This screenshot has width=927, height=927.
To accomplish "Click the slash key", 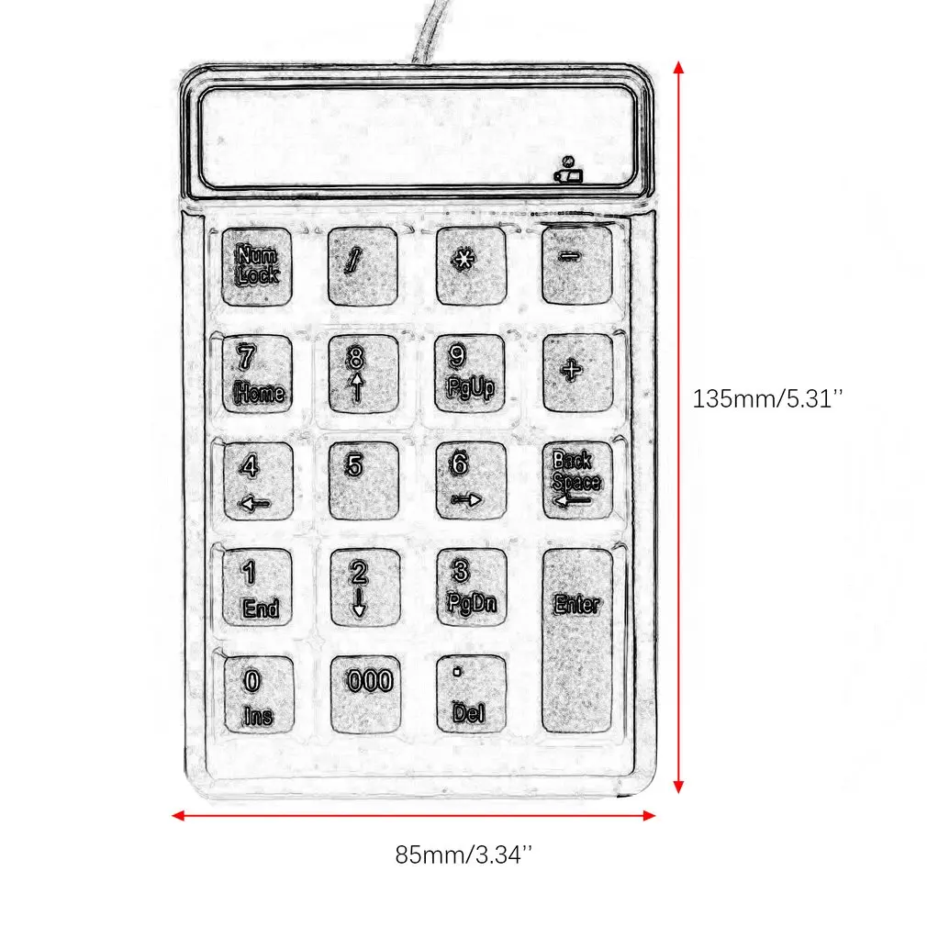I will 363,265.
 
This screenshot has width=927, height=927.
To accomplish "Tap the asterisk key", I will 470,265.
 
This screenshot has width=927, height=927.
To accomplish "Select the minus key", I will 576,264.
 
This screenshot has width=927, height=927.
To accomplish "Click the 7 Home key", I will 257,373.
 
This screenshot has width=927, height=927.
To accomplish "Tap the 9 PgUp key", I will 470,373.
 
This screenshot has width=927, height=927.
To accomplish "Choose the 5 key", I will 363,480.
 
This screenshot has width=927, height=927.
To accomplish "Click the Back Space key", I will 576,480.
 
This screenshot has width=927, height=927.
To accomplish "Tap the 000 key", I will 365,693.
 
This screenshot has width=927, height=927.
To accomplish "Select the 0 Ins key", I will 257,695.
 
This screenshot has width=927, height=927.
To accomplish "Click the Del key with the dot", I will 471,695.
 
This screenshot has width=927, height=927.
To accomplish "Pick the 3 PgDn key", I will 470,587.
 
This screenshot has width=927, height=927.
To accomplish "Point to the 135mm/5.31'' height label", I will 767,399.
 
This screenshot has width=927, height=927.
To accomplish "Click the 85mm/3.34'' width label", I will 463,854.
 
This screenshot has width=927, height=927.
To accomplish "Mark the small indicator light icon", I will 568,172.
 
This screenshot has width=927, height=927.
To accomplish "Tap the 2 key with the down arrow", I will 363,587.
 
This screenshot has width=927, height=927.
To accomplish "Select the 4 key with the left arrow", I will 257,480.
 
